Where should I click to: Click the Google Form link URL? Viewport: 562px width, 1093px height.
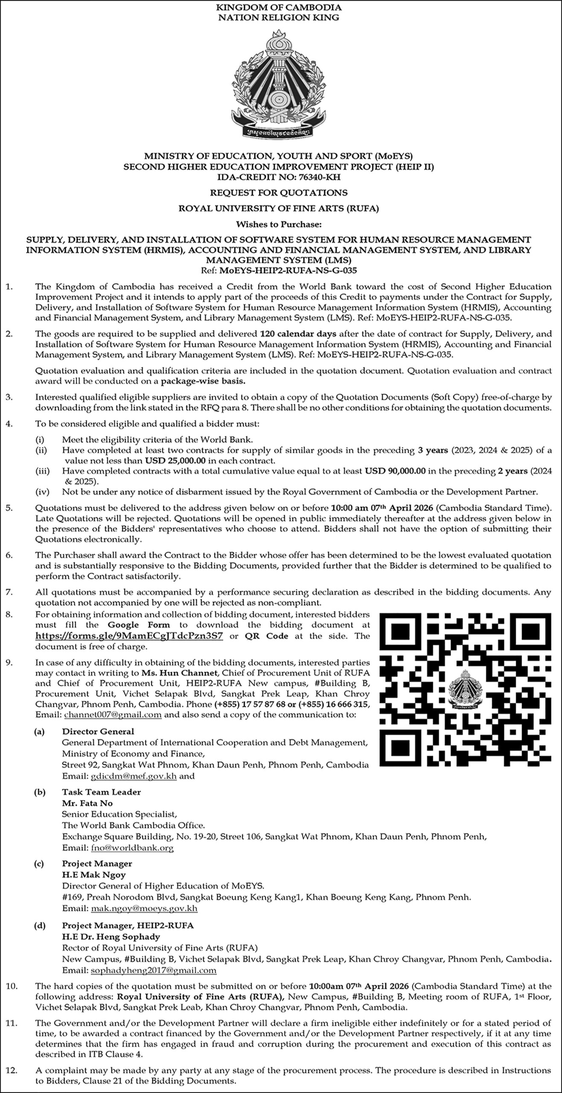pos(129,636)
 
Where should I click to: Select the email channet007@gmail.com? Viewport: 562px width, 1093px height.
pos(113,715)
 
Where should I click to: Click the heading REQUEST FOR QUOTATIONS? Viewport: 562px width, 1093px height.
pos(279,193)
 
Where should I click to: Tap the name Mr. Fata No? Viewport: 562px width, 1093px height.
pos(87,803)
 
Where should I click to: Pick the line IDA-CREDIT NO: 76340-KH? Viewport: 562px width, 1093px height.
pos(279,177)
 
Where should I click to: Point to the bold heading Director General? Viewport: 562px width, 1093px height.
pos(98,731)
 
